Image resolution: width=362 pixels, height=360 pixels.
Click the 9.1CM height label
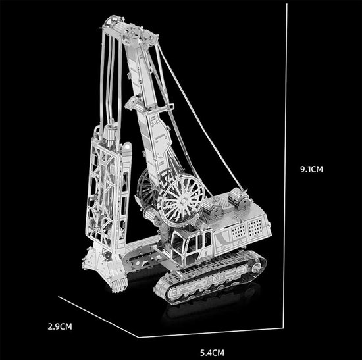pyautogui.click(x=311, y=169)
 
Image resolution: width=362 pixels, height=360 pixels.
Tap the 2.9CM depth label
pyautogui.click(x=60, y=326)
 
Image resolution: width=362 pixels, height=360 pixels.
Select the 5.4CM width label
pyautogui.click(x=212, y=353)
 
